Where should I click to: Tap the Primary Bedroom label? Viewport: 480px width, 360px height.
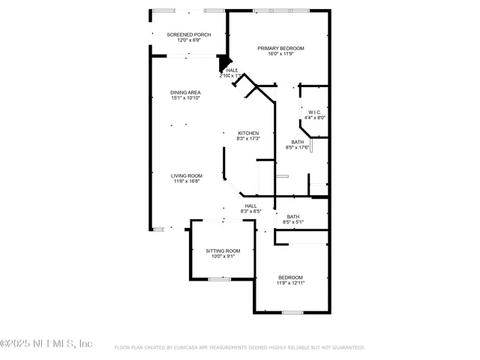(x=281, y=49)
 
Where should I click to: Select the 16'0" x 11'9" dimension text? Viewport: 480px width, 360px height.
(x=281, y=54)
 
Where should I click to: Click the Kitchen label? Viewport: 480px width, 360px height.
(x=248, y=133)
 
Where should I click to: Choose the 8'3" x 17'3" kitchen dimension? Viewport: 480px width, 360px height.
(x=248, y=139)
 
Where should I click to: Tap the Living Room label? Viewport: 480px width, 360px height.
(x=187, y=175)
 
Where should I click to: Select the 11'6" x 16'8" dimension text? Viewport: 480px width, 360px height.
(x=187, y=181)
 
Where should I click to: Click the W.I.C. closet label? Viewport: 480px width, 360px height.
(x=315, y=112)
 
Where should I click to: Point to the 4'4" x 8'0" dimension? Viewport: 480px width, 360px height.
(x=315, y=118)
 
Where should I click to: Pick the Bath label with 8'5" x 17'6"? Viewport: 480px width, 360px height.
(x=298, y=142)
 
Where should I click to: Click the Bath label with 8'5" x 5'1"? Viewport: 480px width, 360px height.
(x=292, y=217)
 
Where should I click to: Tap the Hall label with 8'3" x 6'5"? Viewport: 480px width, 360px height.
(x=250, y=206)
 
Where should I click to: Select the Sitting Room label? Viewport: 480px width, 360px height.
(x=223, y=250)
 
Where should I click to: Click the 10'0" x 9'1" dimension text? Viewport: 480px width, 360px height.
(x=223, y=256)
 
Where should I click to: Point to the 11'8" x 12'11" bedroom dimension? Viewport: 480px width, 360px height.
(x=290, y=283)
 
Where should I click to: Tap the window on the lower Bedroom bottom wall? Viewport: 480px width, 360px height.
(x=292, y=312)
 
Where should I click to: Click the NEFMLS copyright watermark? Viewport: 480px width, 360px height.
(x=46, y=343)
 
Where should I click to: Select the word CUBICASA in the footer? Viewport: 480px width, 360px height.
(x=193, y=348)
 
